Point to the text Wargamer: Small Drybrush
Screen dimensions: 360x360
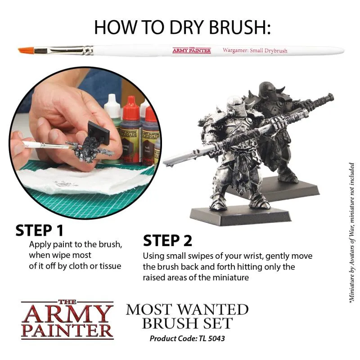tap(255, 50)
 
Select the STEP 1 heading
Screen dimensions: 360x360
tap(40, 230)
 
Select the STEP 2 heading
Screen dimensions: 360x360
tap(167, 241)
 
